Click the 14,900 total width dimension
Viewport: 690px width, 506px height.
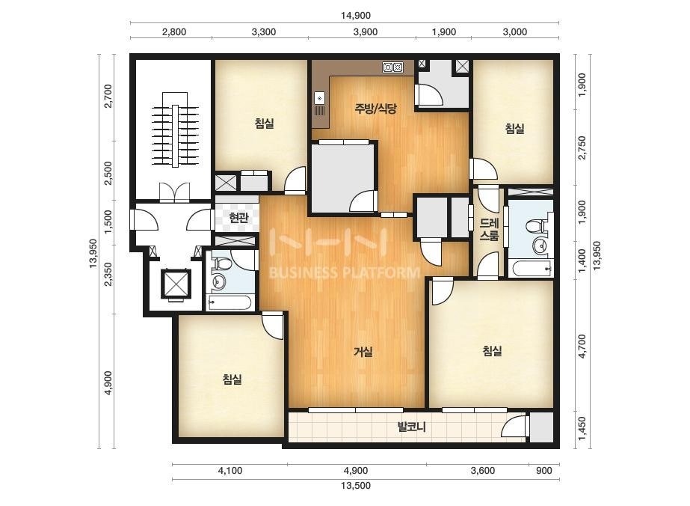coord(356,16)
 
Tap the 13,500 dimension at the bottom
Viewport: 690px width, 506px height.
coord(356,486)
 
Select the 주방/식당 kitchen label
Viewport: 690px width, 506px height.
coord(376,109)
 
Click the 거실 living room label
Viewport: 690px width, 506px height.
coord(363,352)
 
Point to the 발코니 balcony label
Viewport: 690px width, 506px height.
coord(411,427)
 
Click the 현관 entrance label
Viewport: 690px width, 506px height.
coord(238,217)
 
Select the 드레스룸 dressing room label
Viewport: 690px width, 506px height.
coord(489,230)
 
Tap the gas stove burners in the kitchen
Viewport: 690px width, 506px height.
coord(392,67)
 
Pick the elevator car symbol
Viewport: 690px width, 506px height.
coord(176,283)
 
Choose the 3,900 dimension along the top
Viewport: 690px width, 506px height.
coord(366,31)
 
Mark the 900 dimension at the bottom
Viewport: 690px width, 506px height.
coord(544,471)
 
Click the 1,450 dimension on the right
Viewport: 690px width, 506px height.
coord(582,428)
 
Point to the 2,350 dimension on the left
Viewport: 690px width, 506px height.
coord(108,274)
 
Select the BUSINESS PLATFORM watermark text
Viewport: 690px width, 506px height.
coord(344,272)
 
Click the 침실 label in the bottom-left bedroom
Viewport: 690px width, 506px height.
coord(232,379)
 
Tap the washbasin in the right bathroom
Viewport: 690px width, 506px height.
coord(537,246)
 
